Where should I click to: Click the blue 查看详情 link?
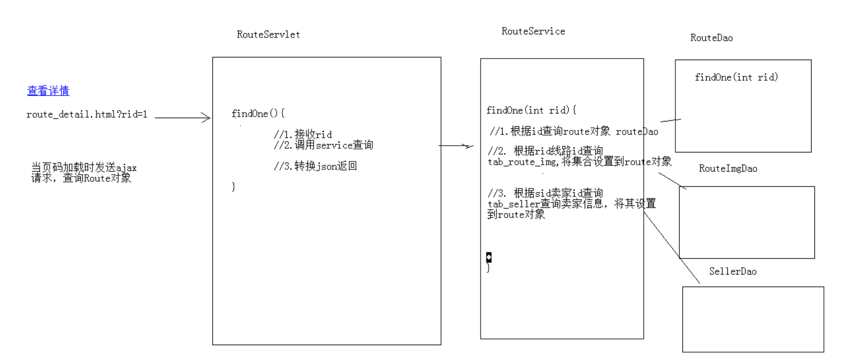[x=48, y=91]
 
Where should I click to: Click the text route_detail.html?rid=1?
[x=87, y=114]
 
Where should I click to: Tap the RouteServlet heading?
[x=268, y=35]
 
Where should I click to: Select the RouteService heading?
[x=533, y=32]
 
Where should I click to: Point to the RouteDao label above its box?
[x=711, y=38]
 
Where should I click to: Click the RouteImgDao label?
[x=728, y=169]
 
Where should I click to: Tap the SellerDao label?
[x=732, y=271]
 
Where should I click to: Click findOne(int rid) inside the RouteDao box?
[x=736, y=78]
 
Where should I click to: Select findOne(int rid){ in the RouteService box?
[x=531, y=110]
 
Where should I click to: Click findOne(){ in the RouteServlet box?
[x=258, y=113]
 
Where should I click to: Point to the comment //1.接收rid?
[x=303, y=135]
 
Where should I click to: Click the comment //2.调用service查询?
[x=323, y=145]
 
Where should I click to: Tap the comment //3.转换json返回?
[x=315, y=166]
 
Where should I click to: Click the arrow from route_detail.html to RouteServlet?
[x=182, y=118]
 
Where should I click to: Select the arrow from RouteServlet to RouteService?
[x=456, y=146]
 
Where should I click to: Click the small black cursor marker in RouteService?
[x=488, y=257]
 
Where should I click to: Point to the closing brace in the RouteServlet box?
[x=233, y=187]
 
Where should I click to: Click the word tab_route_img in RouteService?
[x=522, y=162]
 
